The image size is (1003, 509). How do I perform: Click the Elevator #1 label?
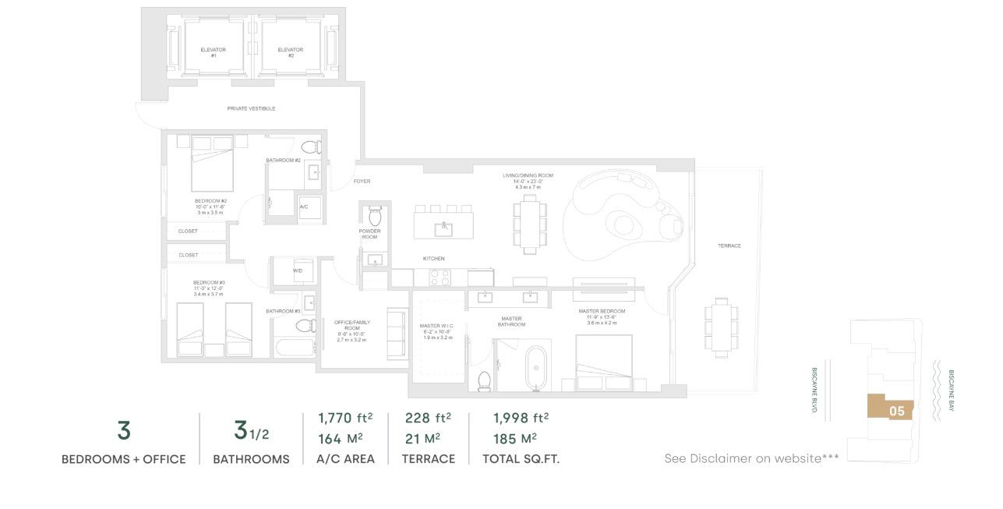click(x=213, y=52)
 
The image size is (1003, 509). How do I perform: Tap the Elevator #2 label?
click(x=290, y=52)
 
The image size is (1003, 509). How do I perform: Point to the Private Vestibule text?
click(x=251, y=108)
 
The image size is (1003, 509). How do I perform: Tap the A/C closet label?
click(x=305, y=207)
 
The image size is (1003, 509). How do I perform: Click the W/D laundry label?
click(x=298, y=270)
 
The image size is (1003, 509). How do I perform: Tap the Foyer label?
click(x=362, y=181)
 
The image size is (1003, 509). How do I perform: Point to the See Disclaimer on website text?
click(x=751, y=458)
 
